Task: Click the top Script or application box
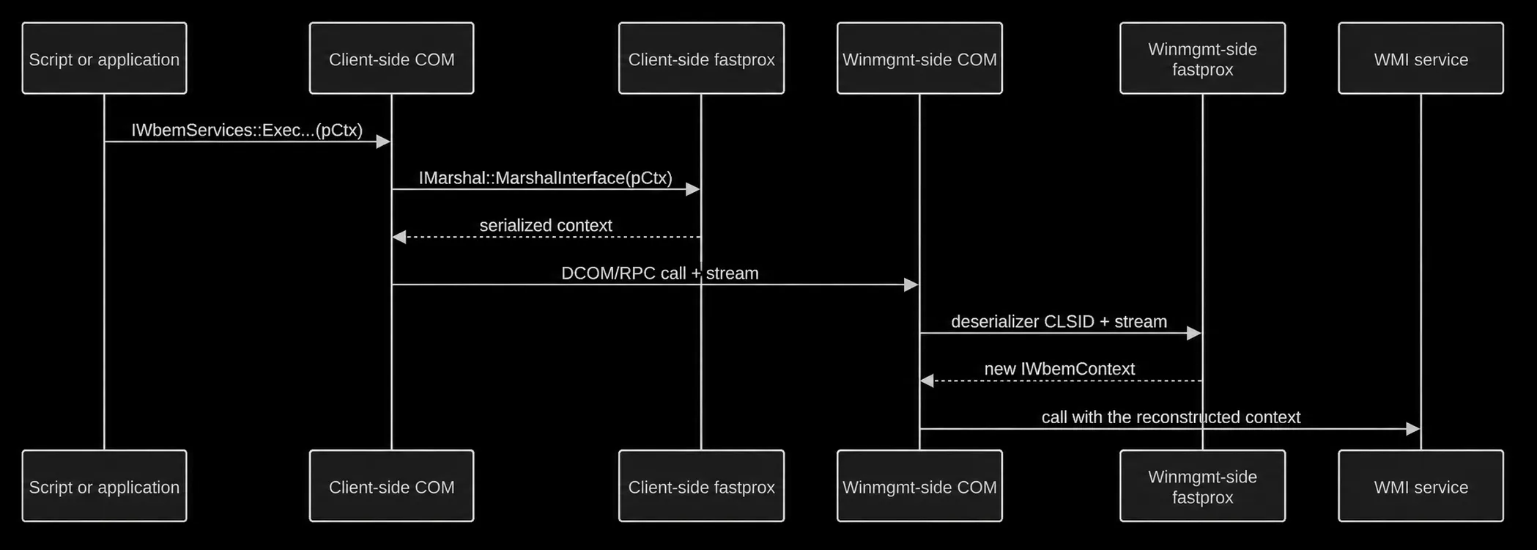click(x=104, y=58)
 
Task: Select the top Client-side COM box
click(x=391, y=58)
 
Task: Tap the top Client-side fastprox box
click(x=701, y=58)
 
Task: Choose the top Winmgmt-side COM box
click(x=919, y=58)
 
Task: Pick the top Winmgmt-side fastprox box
click(x=1202, y=58)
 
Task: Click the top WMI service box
click(x=1421, y=58)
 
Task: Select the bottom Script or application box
click(x=104, y=485)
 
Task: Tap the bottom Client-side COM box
click(x=391, y=485)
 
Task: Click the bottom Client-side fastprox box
click(x=701, y=485)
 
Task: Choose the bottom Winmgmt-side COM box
click(x=919, y=485)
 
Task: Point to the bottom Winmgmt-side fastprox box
click(x=1202, y=485)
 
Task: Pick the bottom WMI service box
click(x=1421, y=485)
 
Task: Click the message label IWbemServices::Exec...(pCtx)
click(x=247, y=130)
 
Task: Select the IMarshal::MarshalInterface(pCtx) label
click(x=546, y=177)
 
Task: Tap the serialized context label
click(x=546, y=225)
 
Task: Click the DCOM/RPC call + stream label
click(x=660, y=273)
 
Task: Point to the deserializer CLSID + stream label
click(x=1059, y=321)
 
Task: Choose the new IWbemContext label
click(x=1059, y=369)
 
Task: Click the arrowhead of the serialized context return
click(x=399, y=237)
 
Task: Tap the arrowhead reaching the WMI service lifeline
click(x=1413, y=429)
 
